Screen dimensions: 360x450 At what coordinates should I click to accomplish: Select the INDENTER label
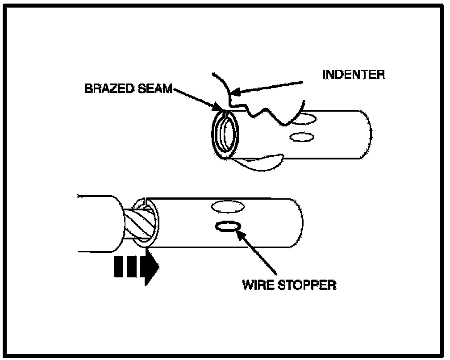[353, 74]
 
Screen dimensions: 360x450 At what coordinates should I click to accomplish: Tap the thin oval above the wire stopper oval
[228, 207]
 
